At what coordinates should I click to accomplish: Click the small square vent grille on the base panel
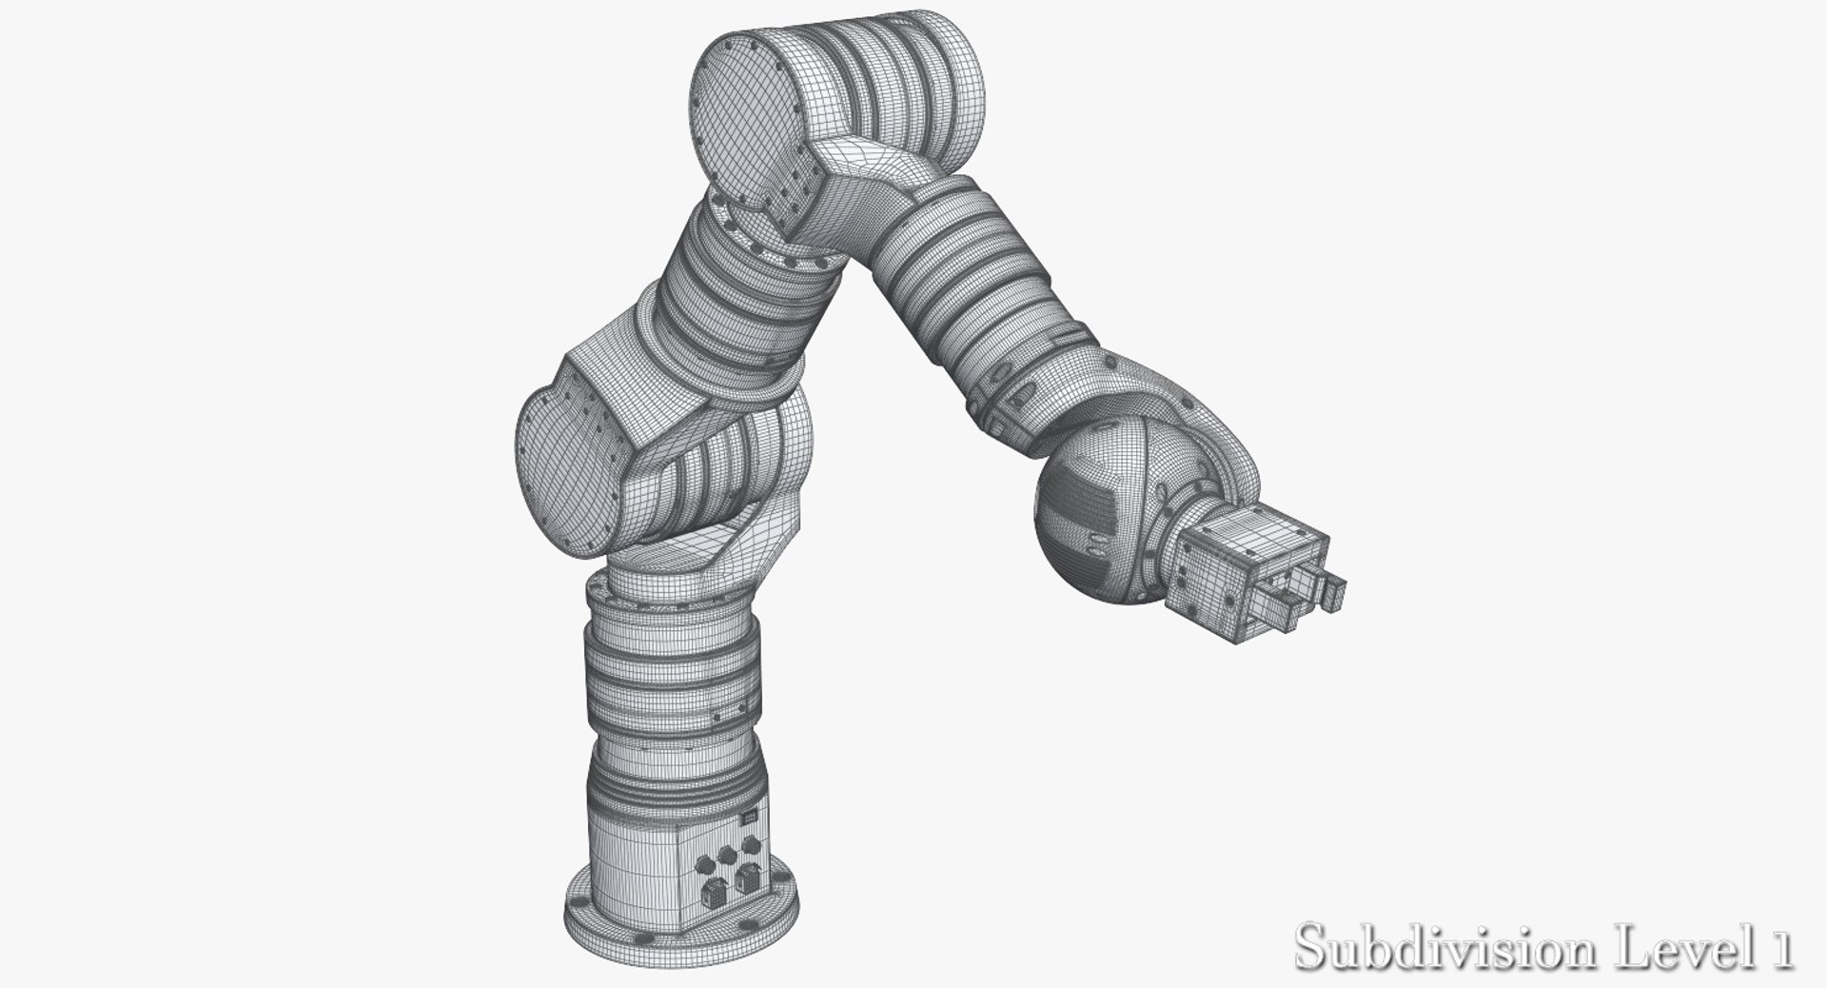click(749, 817)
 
